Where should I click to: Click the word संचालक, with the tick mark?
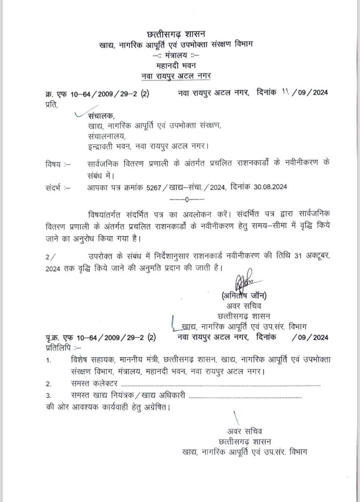(x=101, y=117)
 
